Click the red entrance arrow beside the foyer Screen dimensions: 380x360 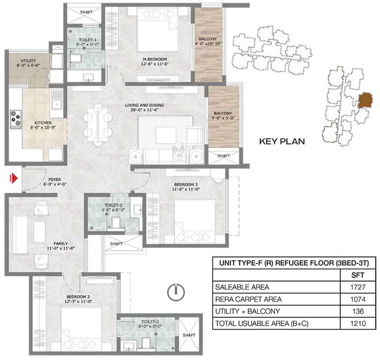pyautogui.click(x=14, y=178)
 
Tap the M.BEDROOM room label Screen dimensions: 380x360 pyautogui.click(x=155, y=59)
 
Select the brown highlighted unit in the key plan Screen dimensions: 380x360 pyautogui.click(x=365, y=100)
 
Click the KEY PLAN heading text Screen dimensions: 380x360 pyautogui.click(x=282, y=142)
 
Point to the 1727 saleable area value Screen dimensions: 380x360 pyautogui.click(x=358, y=287)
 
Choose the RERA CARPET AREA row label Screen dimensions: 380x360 pyautogui.click(x=249, y=299)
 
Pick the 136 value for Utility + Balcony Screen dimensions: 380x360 pyautogui.click(x=358, y=311)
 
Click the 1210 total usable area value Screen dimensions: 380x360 pyautogui.click(x=358, y=323)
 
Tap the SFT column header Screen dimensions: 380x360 pyautogui.click(x=358, y=275)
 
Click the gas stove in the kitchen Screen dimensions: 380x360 pyautogui.click(x=16, y=119)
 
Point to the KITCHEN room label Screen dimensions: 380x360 pyautogui.click(x=43, y=123)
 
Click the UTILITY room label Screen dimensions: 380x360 pyautogui.click(x=28, y=61)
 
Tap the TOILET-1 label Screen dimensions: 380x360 pyautogui.click(x=88, y=40)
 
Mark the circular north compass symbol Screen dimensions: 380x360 pyautogui.click(x=176, y=292)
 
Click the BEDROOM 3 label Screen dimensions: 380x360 pyautogui.click(x=186, y=184)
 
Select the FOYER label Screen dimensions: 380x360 pyautogui.click(x=55, y=180)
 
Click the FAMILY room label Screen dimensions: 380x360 pyautogui.click(x=61, y=243)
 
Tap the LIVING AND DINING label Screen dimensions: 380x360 pyautogui.click(x=144, y=105)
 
